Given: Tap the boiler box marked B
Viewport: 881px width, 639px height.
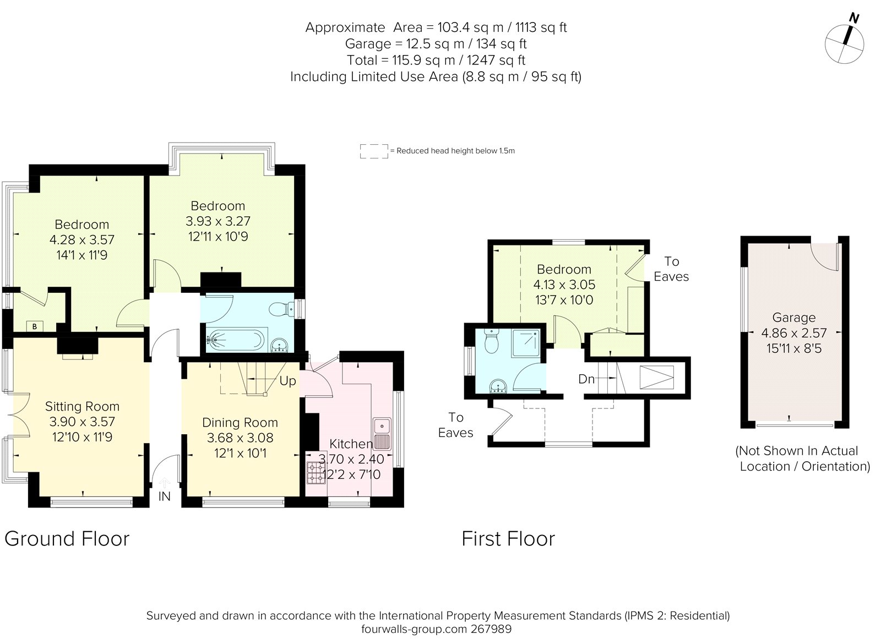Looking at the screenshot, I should coord(35,326).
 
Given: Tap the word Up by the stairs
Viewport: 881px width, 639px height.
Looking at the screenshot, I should coord(287,381).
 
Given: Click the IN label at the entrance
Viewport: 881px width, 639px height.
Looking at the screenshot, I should coord(164,496).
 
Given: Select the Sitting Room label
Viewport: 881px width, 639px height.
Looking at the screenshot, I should coord(82,406).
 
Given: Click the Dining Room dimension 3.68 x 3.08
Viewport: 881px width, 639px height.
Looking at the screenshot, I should coord(240,438).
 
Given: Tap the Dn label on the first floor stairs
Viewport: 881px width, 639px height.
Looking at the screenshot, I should coord(586,379).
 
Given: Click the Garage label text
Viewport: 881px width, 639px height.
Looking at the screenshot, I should coord(793,318).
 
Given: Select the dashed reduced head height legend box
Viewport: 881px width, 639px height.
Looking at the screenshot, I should coord(374,151).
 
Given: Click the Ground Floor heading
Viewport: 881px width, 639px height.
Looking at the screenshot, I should coord(67,538).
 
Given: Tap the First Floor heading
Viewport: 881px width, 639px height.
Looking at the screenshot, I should coord(508,538).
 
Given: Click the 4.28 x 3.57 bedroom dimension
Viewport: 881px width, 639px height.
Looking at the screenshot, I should coord(82,240).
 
